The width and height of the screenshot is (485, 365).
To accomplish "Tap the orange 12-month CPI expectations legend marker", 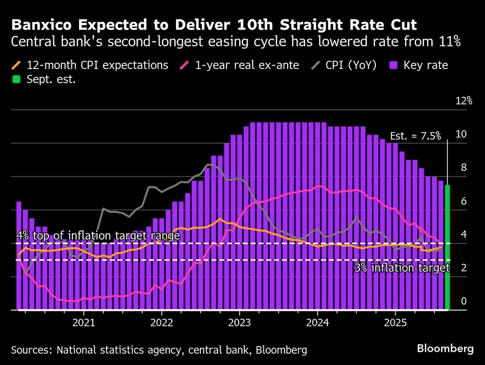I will (16, 65).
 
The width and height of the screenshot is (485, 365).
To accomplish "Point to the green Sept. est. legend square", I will (16, 79).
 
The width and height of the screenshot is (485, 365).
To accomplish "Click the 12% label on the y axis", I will (463, 101).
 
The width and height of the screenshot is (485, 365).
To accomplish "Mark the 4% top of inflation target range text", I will (98, 236).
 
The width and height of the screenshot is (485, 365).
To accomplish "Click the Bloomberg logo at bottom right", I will (445, 348).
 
